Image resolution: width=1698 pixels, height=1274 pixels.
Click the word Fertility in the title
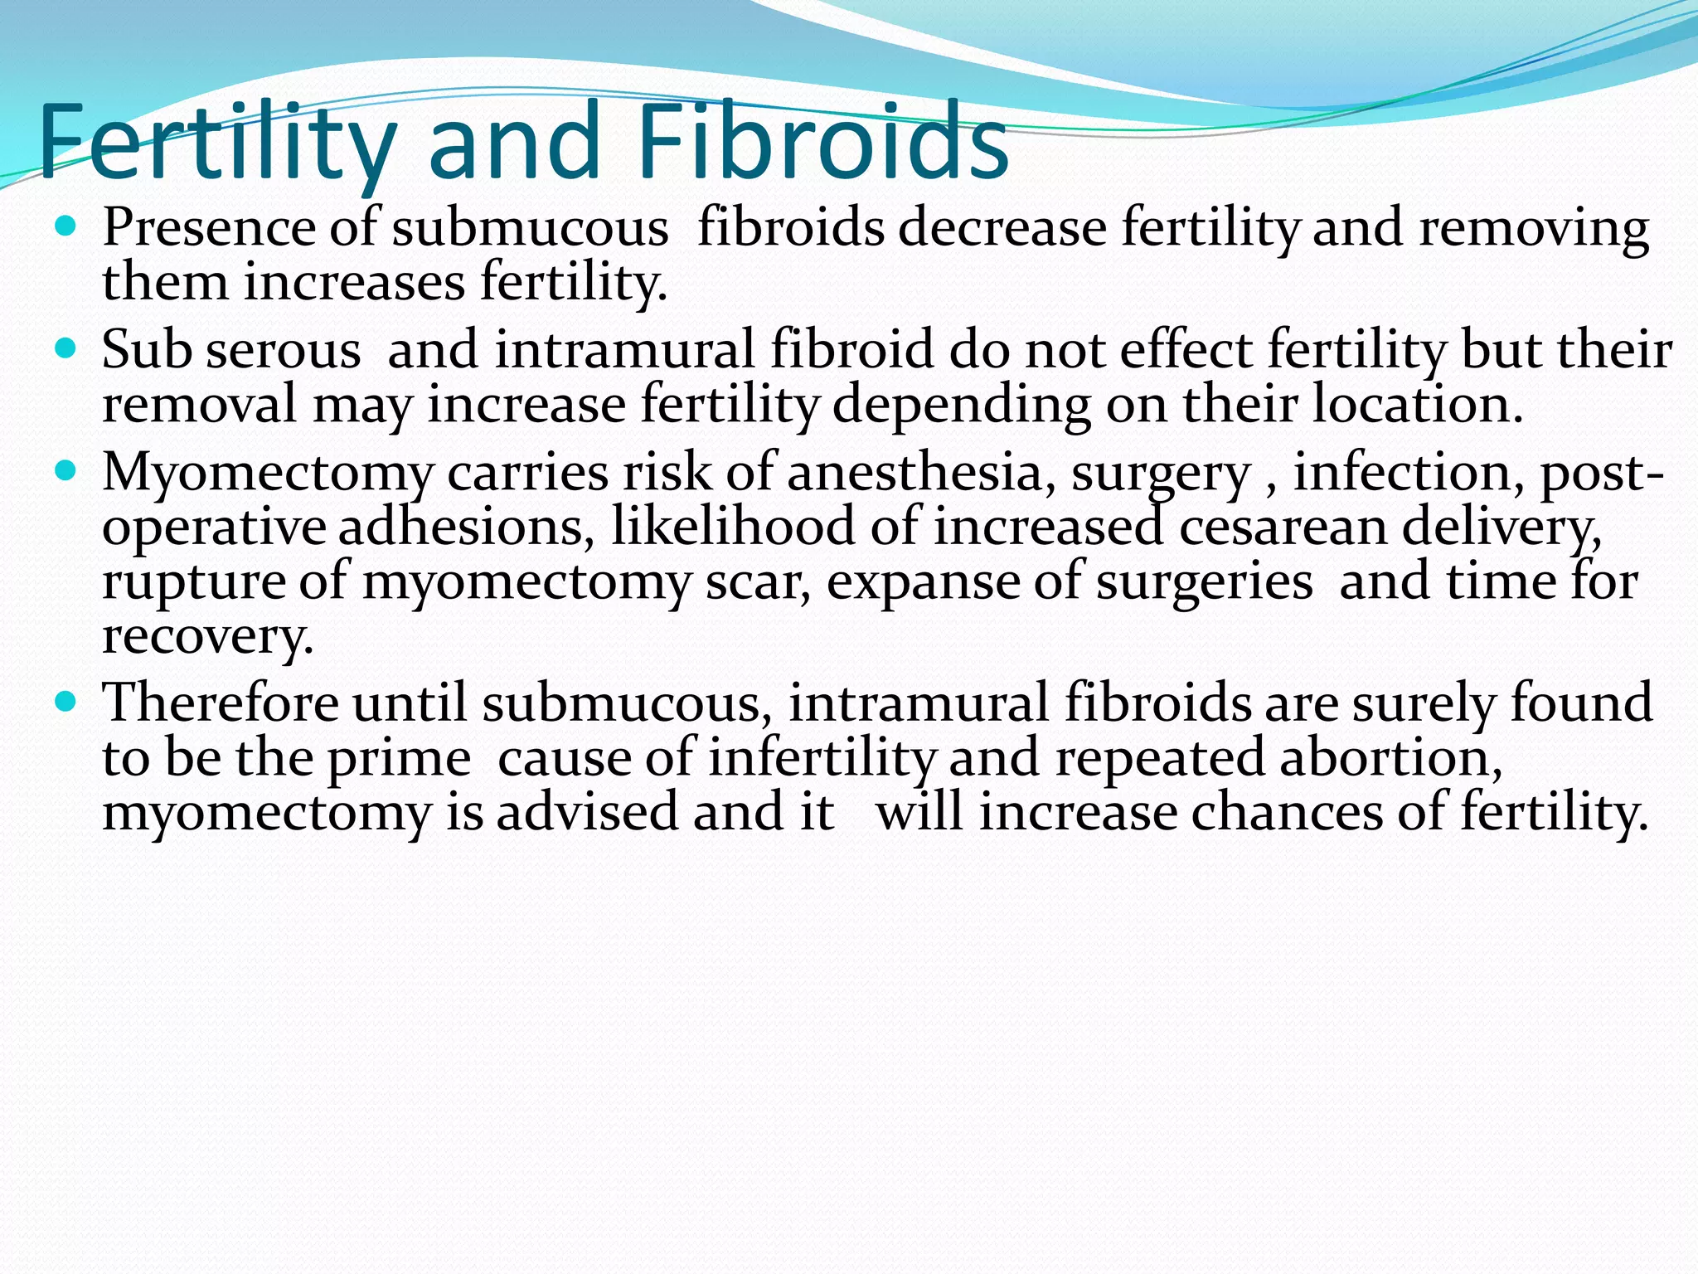[x=217, y=143]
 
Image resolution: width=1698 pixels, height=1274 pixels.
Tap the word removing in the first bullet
[x=1534, y=229]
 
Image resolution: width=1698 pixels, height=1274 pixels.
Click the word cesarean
[x=1283, y=528]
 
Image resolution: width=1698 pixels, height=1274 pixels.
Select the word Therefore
[x=221, y=703]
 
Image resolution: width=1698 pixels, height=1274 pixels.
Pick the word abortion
[x=1390, y=758]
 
